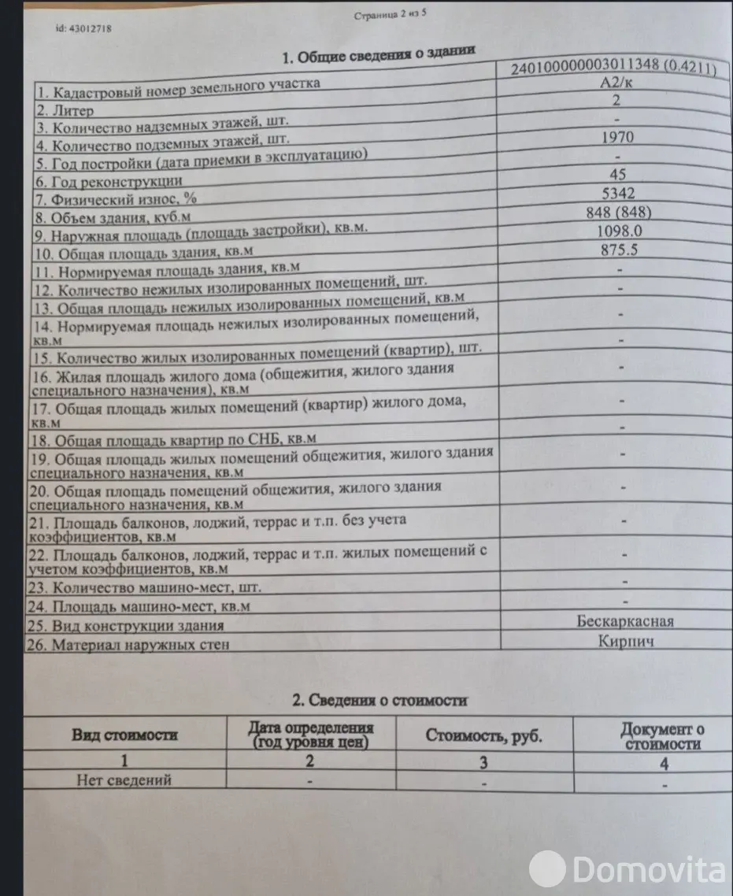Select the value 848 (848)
click(618, 211)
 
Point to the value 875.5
click(618, 250)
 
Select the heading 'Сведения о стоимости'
click(379, 700)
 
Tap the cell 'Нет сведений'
click(124, 779)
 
